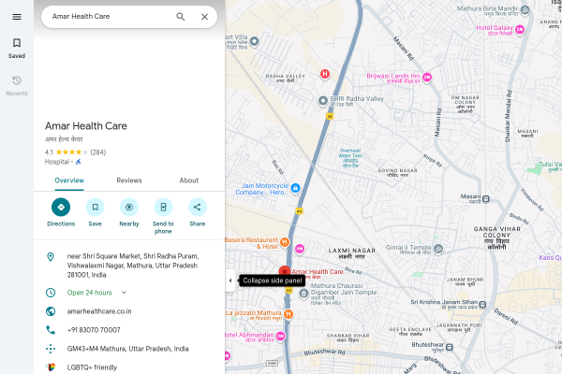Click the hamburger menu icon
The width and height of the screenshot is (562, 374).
click(17, 16)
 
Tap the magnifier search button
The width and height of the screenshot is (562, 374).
click(181, 17)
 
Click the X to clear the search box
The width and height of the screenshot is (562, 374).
click(204, 17)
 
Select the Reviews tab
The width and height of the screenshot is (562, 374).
click(129, 180)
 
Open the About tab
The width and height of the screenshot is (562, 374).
click(189, 180)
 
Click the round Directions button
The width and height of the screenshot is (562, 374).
click(61, 208)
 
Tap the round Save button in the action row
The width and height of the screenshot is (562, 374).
click(95, 208)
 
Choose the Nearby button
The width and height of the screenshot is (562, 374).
click(129, 208)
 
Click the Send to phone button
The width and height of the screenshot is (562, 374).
click(163, 208)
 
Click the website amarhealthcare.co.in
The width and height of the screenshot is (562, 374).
click(99, 311)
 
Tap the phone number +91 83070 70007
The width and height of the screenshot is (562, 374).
click(94, 330)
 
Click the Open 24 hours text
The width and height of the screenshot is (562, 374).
click(91, 293)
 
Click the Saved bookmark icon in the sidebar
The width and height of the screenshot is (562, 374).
click(17, 43)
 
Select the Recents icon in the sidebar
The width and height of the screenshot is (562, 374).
click(17, 81)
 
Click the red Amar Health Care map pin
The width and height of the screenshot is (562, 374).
click(285, 272)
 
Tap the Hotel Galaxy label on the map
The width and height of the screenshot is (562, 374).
click(500, 28)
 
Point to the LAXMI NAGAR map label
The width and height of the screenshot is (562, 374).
click(352, 250)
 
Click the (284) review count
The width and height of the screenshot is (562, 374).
click(97, 151)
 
